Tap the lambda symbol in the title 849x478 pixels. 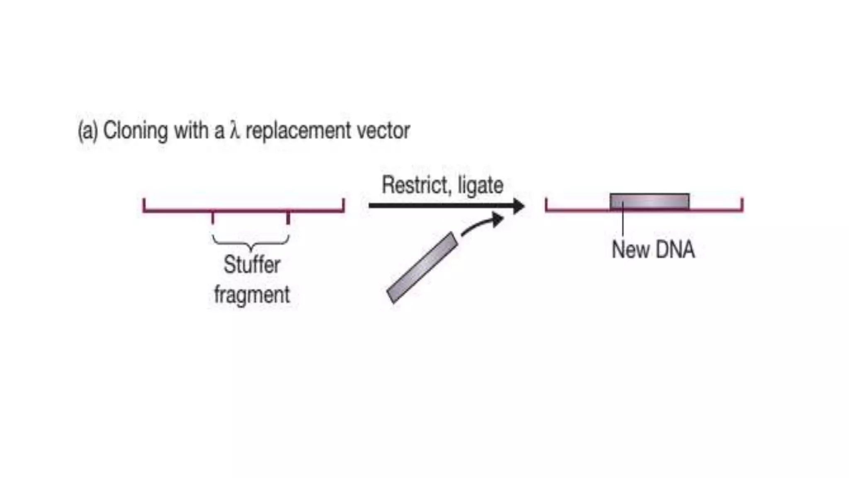pyautogui.click(x=235, y=131)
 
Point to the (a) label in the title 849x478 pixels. pyautogui.click(x=88, y=131)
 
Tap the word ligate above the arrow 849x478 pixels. pyautogui.click(x=480, y=186)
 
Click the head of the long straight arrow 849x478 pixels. pyautogui.click(x=518, y=206)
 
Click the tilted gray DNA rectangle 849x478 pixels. pyautogui.click(x=422, y=268)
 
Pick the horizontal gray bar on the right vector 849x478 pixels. pyautogui.click(x=649, y=202)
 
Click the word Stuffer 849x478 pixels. pyautogui.click(x=252, y=265)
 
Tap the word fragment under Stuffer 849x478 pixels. pyautogui.click(x=252, y=295)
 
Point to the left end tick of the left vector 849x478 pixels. pyautogui.click(x=144, y=205)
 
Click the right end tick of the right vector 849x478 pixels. pyautogui.click(x=742, y=205)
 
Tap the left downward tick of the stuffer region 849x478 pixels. pyautogui.click(x=213, y=217)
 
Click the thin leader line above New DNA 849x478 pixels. pyautogui.click(x=623, y=224)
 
